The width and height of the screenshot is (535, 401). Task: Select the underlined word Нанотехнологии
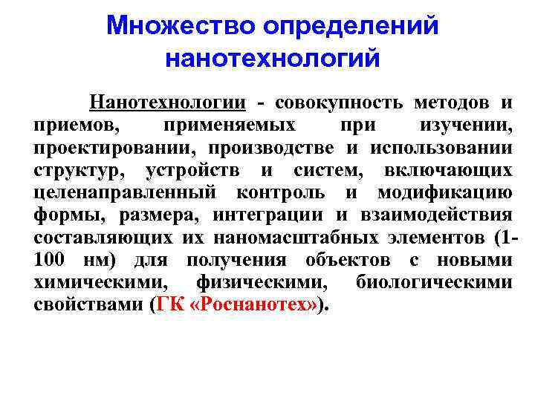(x=167, y=102)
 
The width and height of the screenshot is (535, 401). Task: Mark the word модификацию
(x=445, y=193)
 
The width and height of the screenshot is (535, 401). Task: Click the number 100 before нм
(x=50, y=260)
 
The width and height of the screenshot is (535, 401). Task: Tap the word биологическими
(x=434, y=283)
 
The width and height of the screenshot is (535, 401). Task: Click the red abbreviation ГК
(x=168, y=305)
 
